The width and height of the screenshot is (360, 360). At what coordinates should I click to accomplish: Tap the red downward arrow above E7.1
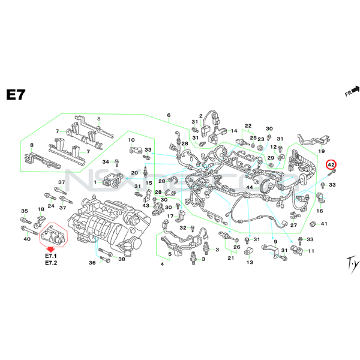pyautogui.click(x=51, y=248)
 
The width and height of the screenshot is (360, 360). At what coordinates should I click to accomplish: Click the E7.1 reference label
pyautogui.click(x=51, y=256)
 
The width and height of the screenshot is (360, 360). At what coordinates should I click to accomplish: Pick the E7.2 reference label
pyautogui.click(x=51, y=263)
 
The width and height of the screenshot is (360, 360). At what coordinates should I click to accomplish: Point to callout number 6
pyautogui.click(x=169, y=115)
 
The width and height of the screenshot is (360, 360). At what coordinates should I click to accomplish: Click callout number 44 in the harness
pyautogui.click(x=250, y=188)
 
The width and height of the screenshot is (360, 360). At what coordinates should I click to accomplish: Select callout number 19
pyautogui.click(x=322, y=152)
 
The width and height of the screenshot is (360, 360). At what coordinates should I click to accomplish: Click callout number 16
pyautogui.click(x=320, y=211)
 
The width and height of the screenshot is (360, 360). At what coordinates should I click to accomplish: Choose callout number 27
pyautogui.click(x=294, y=226)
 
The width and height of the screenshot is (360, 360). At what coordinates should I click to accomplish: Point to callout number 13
pyautogui.click(x=249, y=262)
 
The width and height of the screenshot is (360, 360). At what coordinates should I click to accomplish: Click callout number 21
pyautogui.click(x=230, y=258)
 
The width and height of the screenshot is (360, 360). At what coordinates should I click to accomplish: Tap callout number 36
pyautogui.click(x=92, y=262)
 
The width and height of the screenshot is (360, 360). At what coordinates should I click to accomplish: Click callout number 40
pyautogui.click(x=27, y=239)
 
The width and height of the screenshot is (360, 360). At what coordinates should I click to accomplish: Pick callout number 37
pyautogui.click(x=61, y=182)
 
